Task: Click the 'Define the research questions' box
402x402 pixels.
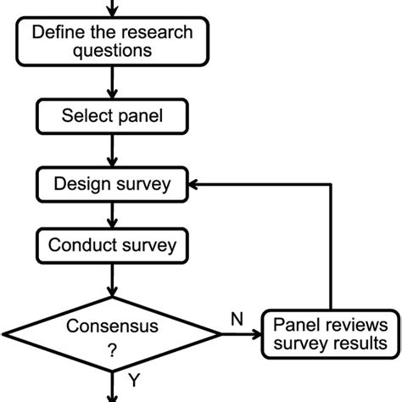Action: pyautogui.click(x=112, y=42)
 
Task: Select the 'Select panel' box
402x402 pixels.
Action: pyautogui.click(x=112, y=116)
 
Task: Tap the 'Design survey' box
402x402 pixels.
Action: pyautogui.click(x=112, y=183)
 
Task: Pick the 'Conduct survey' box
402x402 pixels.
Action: pyautogui.click(x=112, y=246)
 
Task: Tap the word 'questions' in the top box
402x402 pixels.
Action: pyautogui.click(x=112, y=51)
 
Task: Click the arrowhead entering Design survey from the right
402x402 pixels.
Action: pyautogui.click(x=195, y=183)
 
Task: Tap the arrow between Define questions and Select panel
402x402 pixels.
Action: pyautogui.click(x=112, y=82)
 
